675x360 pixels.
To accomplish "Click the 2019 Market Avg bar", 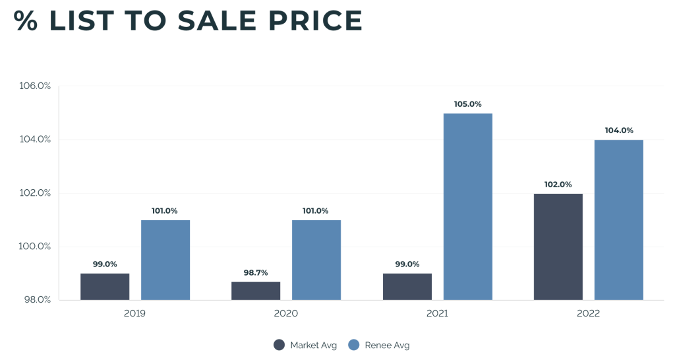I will pyautogui.click(x=105, y=287).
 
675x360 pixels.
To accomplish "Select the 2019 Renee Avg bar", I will pyautogui.click(x=165, y=260).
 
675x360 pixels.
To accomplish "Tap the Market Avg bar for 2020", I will pyautogui.click(x=256, y=291).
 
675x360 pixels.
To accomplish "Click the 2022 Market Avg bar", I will pyautogui.click(x=558, y=247).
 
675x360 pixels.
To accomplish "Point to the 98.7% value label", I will pyautogui.click(x=256, y=272).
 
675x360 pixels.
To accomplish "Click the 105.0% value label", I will pyautogui.click(x=467, y=104).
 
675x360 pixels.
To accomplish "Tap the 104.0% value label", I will pyautogui.click(x=618, y=131).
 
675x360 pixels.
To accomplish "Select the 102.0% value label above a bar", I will pyautogui.click(x=558, y=185).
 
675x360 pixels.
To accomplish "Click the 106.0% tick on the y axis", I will pyautogui.click(x=35, y=86).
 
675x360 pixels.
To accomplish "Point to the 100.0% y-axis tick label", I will pyautogui.click(x=35, y=247).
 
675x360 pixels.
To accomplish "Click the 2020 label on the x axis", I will pyautogui.click(x=286, y=314).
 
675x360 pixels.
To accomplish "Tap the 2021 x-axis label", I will pyautogui.click(x=437, y=314).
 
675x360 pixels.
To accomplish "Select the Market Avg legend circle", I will pyautogui.click(x=279, y=345).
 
